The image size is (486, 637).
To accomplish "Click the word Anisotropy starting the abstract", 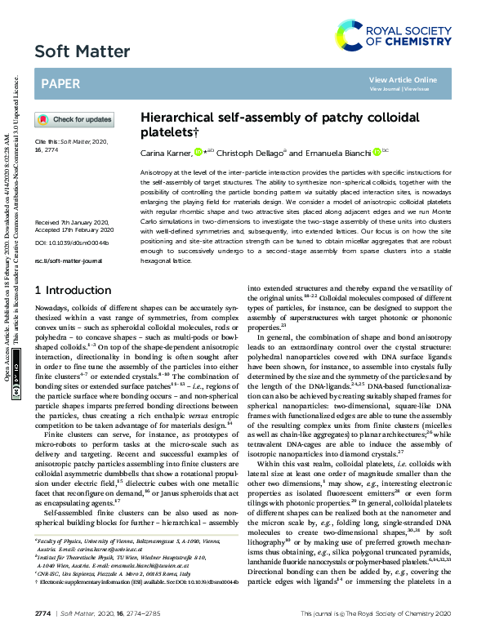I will tap(158, 174).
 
